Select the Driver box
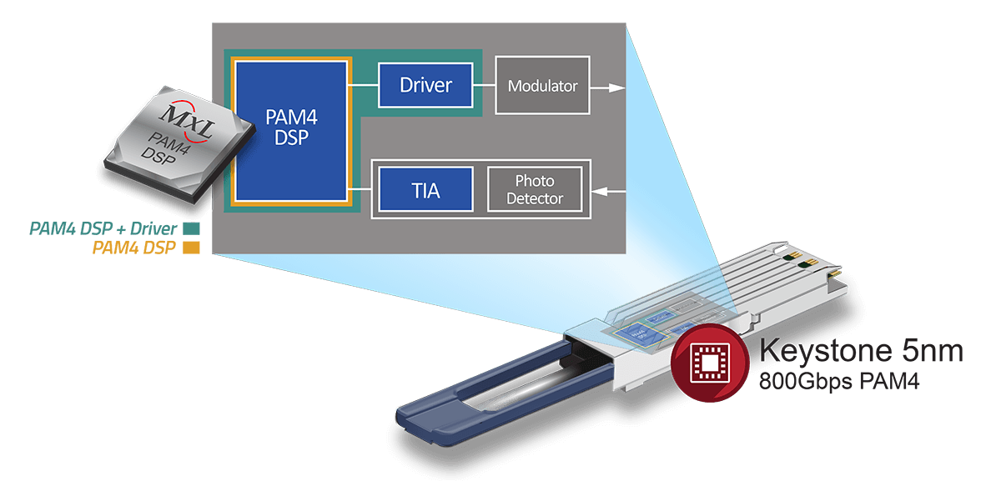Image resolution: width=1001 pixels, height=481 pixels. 425,84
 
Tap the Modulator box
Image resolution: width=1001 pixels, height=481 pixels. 542,85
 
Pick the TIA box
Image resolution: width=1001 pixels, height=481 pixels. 425,188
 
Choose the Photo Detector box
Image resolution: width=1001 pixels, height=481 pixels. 538,189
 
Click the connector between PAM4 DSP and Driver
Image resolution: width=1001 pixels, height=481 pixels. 364,85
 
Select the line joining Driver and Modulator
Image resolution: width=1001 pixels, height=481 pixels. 485,85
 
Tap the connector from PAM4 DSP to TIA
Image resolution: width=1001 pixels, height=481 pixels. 364,191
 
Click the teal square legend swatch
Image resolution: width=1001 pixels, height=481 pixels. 191,228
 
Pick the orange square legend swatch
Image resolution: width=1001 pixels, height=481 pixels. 191,247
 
